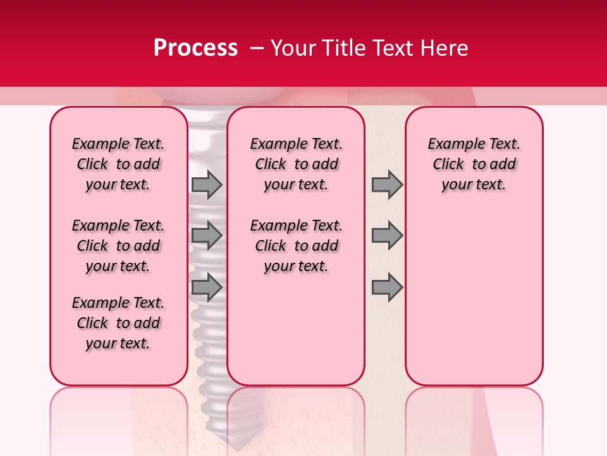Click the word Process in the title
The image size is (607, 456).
[x=195, y=48]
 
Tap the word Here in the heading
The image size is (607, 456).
[x=443, y=48]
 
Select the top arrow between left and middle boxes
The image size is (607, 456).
[x=207, y=185]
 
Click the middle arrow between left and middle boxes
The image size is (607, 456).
[x=207, y=236]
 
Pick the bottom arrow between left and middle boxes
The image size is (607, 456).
[x=207, y=287]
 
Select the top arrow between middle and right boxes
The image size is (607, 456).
[x=387, y=185]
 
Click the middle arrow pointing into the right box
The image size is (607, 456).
[x=387, y=236]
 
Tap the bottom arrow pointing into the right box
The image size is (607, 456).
[x=387, y=287]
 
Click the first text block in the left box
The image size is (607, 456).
[x=118, y=164]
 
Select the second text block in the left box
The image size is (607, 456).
[x=118, y=246]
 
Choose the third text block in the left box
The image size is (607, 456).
[x=118, y=323]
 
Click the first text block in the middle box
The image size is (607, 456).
[x=296, y=164]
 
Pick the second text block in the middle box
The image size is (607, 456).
[x=296, y=246]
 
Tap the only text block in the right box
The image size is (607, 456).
[x=474, y=164]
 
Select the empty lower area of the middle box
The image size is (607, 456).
[x=296, y=329]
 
